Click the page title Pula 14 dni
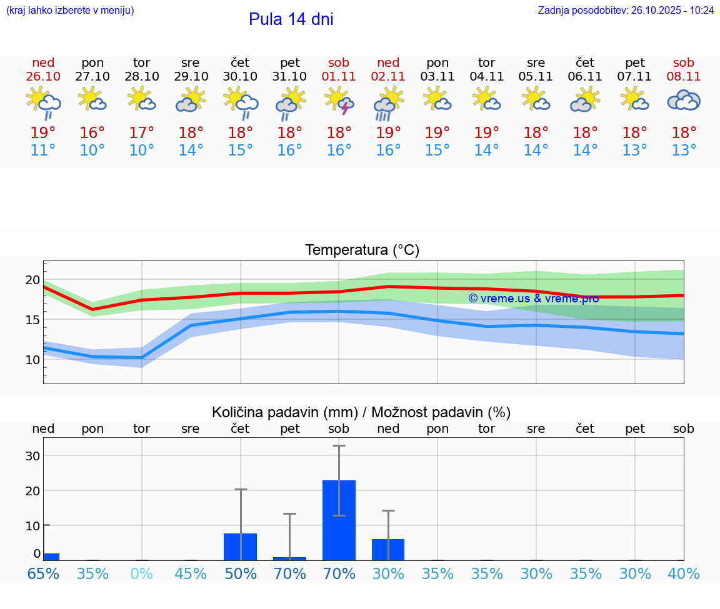point(291,19)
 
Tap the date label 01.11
point(339,77)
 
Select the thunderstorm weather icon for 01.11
point(339,101)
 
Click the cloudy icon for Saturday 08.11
point(684,101)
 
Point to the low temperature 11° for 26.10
point(43,151)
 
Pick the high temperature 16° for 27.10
point(92,133)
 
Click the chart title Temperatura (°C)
point(362,250)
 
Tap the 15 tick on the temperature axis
point(32,320)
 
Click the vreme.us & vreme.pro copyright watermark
point(533,299)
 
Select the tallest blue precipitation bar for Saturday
point(339,520)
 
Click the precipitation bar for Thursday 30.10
point(240,547)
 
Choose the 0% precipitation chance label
point(142,573)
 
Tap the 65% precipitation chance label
point(43,573)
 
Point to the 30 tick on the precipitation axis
point(32,456)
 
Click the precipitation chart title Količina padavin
point(361,412)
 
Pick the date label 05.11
point(536,77)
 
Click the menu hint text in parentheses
point(70,11)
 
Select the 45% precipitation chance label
point(191,573)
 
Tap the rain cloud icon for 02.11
point(388,102)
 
